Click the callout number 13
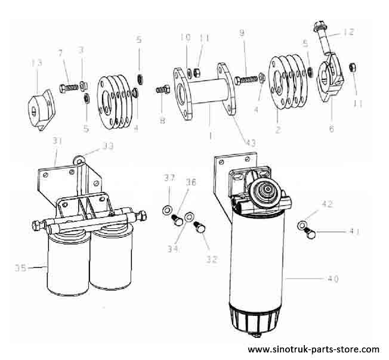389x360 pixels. [x=36, y=63]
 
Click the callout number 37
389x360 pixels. [x=169, y=178]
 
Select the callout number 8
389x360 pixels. [x=160, y=118]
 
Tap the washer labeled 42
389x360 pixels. [x=303, y=225]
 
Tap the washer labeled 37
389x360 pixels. [x=168, y=209]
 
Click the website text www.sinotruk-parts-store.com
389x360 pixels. [x=313, y=349]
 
